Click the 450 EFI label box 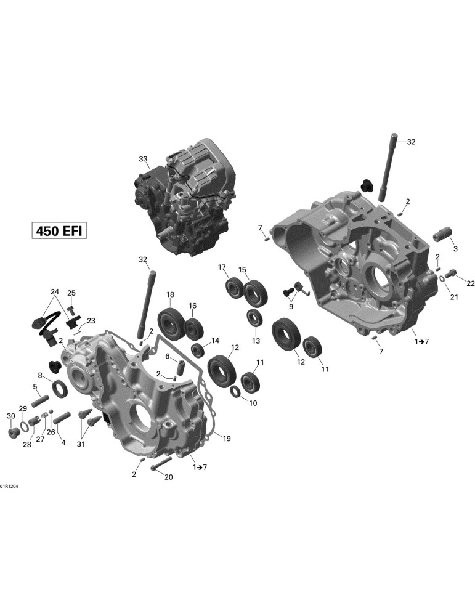point(59,230)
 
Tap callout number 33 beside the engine point(143,159)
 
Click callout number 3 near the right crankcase point(455,249)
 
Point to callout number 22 point(470,283)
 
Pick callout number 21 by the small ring point(454,297)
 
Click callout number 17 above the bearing point(222,267)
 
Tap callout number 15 point(242,270)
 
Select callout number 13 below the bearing point(256,341)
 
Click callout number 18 point(169,294)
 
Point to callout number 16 point(192,306)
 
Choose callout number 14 point(215,341)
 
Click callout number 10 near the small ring point(253,403)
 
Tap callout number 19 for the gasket point(227,439)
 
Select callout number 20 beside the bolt point(169,477)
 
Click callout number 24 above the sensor point(55,291)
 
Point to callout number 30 point(11,416)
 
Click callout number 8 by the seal point(40,375)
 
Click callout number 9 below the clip point(291,306)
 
